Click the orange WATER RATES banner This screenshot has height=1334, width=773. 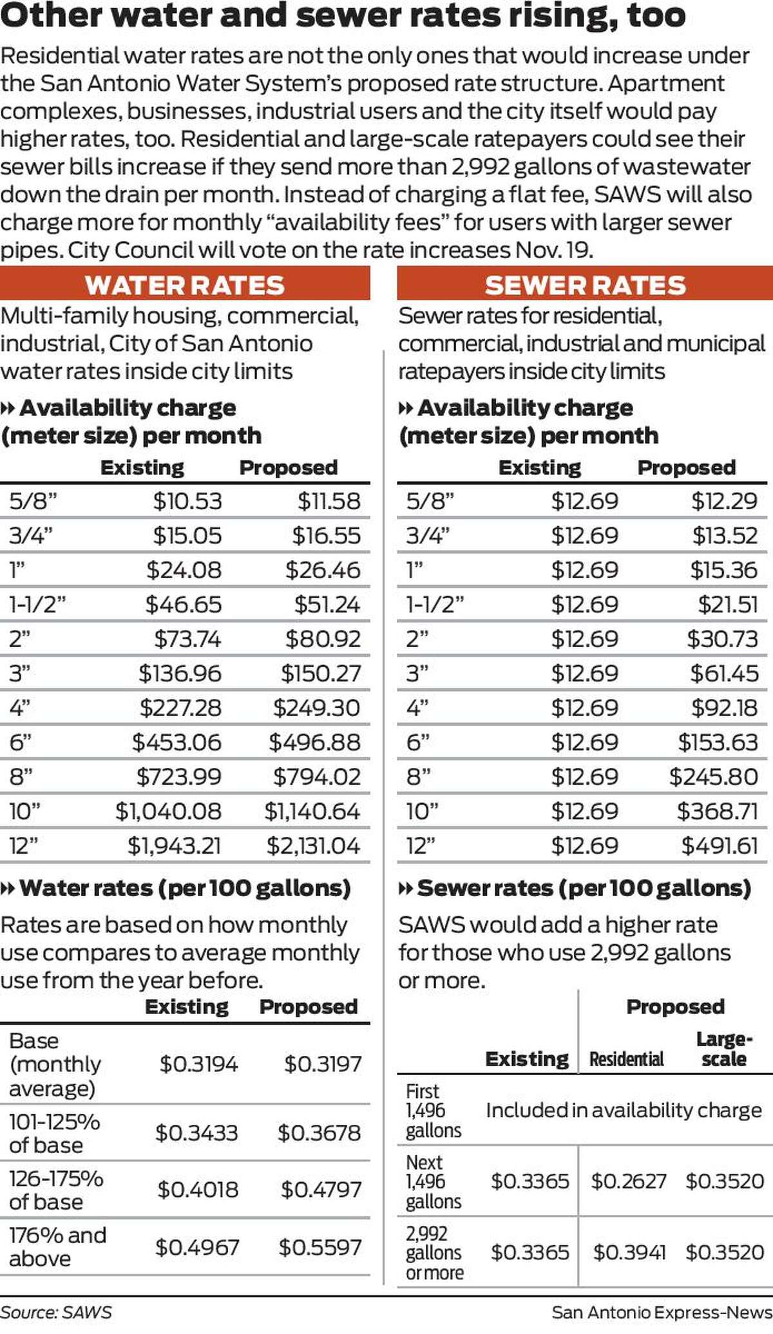185,285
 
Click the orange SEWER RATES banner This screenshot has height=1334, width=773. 585,285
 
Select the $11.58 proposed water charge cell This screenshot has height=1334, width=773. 329,502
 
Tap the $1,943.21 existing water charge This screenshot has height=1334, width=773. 174,846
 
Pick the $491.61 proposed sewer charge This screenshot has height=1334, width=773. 720,846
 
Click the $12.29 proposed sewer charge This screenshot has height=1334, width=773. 724,502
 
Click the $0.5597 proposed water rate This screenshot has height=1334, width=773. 320,1248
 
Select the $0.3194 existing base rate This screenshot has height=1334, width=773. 198,1064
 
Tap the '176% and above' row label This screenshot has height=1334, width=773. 57,1247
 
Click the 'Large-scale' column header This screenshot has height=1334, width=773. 724,1049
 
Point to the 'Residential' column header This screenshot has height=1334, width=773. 626,1059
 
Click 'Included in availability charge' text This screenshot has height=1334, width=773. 624,1111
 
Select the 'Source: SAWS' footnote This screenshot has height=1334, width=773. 56,1313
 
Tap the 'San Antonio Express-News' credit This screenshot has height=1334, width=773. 662,1313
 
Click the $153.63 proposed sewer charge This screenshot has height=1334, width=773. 718,743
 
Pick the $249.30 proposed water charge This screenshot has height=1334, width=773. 316,708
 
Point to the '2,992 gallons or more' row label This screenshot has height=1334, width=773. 434,1253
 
